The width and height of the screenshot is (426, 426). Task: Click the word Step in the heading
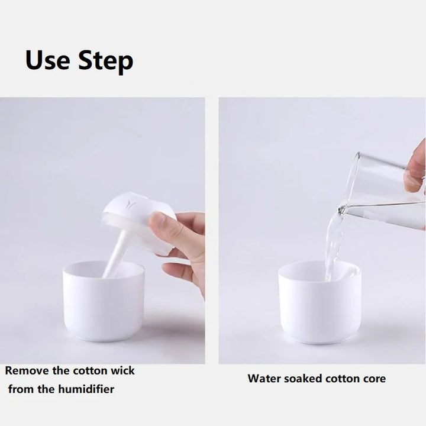105,62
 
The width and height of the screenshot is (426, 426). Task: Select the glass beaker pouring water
385,183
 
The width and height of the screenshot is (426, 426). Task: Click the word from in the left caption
24,389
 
